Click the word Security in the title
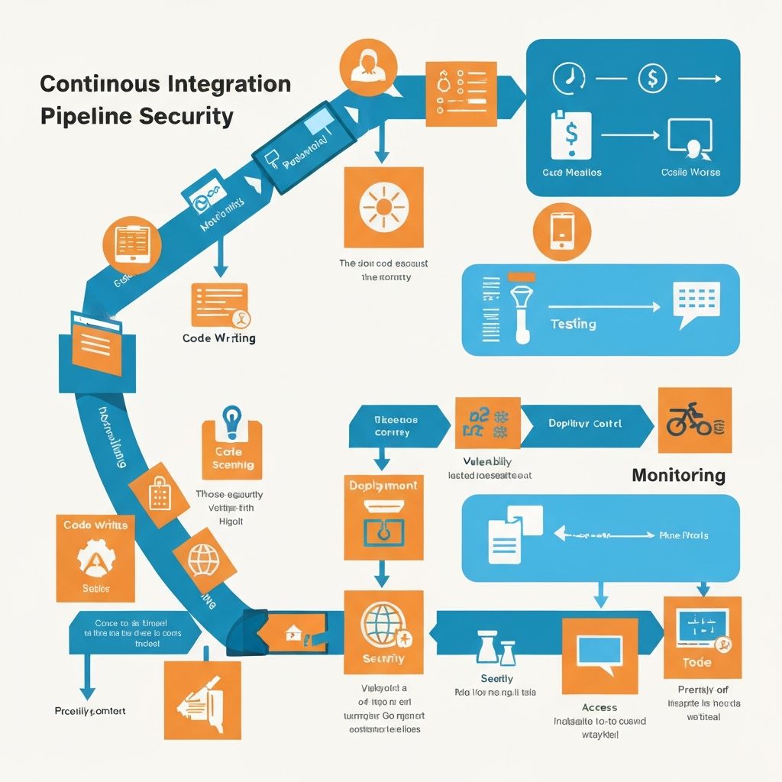tap(186, 117)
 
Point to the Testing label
tap(573, 324)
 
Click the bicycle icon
tap(686, 419)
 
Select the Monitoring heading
tap(678, 475)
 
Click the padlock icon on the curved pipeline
tap(159, 494)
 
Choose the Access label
tap(599, 707)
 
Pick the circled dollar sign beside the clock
tap(651, 77)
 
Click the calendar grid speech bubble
tap(696, 302)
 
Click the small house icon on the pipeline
tap(292, 632)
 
